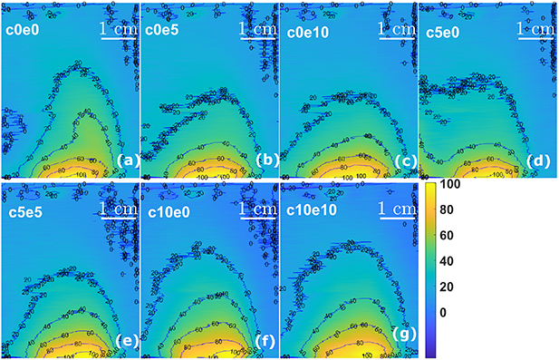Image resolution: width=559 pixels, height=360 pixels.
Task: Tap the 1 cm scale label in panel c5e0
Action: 534,28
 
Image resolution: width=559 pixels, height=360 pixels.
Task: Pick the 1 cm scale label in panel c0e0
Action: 119,28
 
